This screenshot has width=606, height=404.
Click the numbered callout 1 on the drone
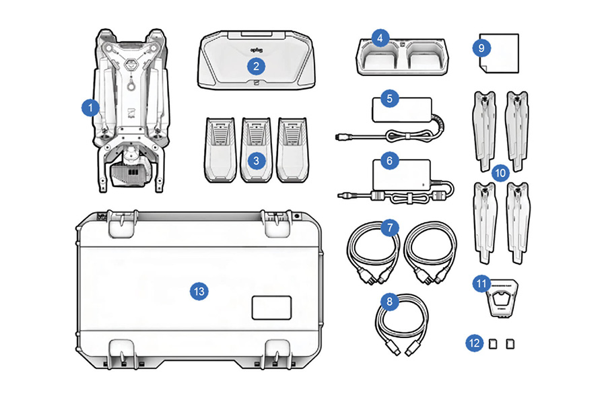[x=88, y=106]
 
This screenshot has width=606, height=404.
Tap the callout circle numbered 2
[x=255, y=65]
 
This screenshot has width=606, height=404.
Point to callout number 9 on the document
[x=481, y=48]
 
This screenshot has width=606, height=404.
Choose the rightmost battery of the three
[x=292, y=149]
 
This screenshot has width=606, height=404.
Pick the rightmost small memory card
[x=510, y=343]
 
